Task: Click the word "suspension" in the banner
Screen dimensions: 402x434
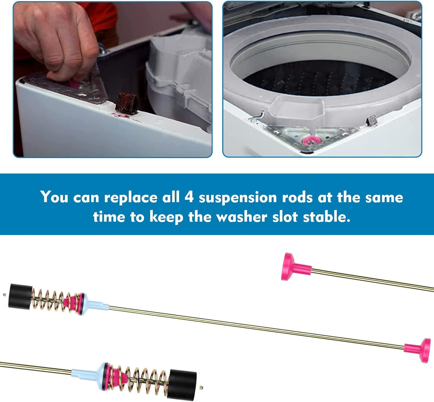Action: click(x=238, y=197)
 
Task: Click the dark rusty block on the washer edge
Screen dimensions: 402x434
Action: click(x=126, y=103)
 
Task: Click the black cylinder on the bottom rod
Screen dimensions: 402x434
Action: click(x=182, y=384)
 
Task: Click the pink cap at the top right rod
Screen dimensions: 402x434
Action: click(x=292, y=267)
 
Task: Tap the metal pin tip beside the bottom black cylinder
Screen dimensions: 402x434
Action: click(x=201, y=387)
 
